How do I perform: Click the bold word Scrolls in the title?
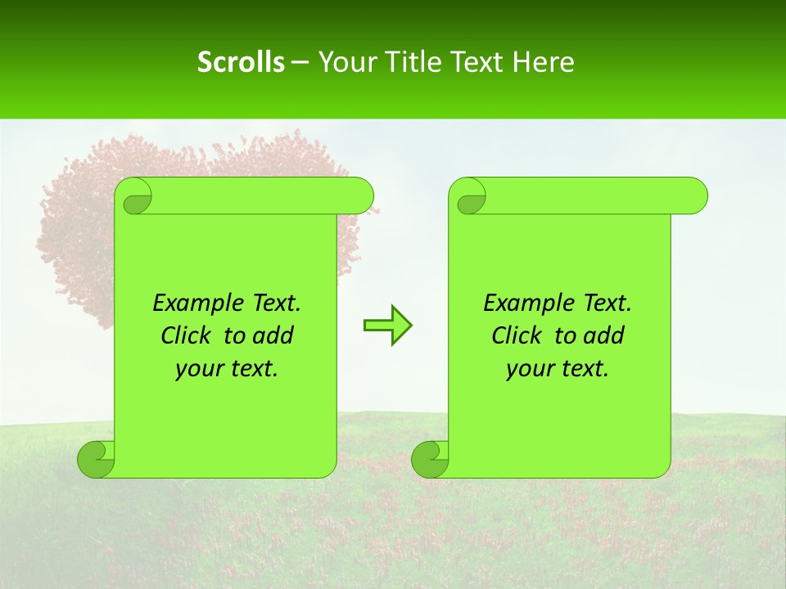pos(241,62)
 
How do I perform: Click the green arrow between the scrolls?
pos(387,325)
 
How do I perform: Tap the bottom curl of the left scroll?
pos(97,459)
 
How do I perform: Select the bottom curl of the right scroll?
pos(431,459)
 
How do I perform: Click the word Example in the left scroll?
pos(197,303)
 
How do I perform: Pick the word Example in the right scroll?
pos(528,303)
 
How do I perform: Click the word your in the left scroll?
pos(198,370)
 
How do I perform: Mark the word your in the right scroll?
pos(529,370)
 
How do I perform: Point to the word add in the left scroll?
pos(273,336)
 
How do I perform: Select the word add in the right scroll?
pos(604,336)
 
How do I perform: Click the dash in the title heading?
pos(300,63)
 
